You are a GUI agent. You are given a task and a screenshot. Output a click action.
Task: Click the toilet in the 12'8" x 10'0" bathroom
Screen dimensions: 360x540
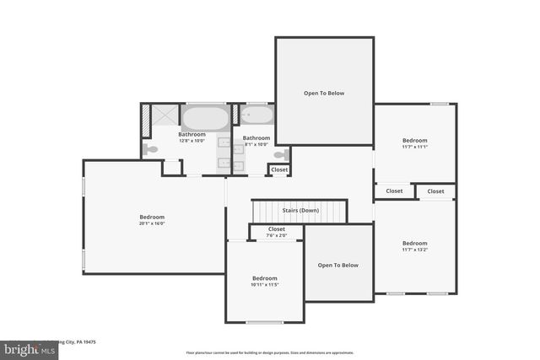click(x=150, y=149)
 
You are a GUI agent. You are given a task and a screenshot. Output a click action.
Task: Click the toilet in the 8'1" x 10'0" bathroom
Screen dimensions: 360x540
click(x=281, y=154)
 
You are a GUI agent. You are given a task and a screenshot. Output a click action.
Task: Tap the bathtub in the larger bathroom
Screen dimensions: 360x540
click(x=205, y=117)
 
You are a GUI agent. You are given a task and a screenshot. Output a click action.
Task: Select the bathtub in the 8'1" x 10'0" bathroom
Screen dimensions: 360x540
click(x=256, y=116)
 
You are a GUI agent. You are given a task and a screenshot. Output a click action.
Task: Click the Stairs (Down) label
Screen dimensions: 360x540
click(x=300, y=210)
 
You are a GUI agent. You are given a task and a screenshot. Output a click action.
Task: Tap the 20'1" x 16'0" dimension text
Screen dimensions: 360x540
click(x=152, y=223)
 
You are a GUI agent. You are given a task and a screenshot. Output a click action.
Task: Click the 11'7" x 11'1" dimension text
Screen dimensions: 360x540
click(x=414, y=147)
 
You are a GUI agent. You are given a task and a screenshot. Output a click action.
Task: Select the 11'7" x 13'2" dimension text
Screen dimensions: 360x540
click(x=414, y=250)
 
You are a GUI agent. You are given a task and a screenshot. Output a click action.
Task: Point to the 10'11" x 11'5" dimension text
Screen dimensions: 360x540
click(x=264, y=284)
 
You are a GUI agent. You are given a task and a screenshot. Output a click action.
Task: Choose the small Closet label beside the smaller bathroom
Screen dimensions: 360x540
click(x=278, y=170)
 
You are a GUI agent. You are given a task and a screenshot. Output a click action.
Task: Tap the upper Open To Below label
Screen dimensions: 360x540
click(x=324, y=93)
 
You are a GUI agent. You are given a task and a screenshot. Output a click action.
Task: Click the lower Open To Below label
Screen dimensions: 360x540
click(x=337, y=265)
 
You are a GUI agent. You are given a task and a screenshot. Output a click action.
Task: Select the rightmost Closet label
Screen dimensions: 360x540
click(x=435, y=191)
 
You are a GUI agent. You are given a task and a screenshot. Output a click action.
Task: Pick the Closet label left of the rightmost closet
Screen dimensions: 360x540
click(x=394, y=191)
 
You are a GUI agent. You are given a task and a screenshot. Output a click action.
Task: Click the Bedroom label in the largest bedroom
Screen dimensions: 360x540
click(x=152, y=217)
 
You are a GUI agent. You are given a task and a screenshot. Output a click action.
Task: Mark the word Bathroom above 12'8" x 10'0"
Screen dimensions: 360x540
click(x=192, y=134)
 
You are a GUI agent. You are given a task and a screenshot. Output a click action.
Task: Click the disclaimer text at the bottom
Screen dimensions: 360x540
click(x=270, y=352)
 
